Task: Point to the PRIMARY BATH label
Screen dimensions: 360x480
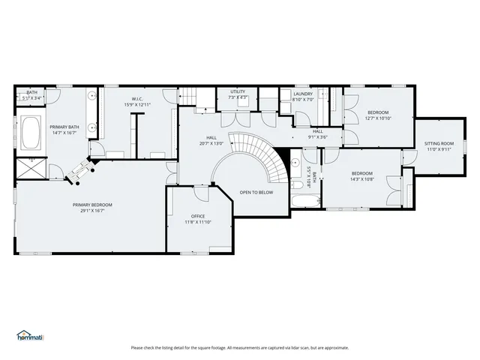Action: [x=64, y=127]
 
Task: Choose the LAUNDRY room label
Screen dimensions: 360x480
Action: [x=302, y=93]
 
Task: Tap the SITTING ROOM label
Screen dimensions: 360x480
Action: [x=439, y=143]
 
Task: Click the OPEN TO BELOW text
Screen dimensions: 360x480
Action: [x=256, y=193]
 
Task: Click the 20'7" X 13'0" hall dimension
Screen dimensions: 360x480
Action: [x=211, y=143]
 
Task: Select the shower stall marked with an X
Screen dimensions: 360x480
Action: [x=31, y=169]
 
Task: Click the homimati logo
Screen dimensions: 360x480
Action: [x=30, y=335]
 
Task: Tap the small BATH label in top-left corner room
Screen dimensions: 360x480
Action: [x=31, y=92]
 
